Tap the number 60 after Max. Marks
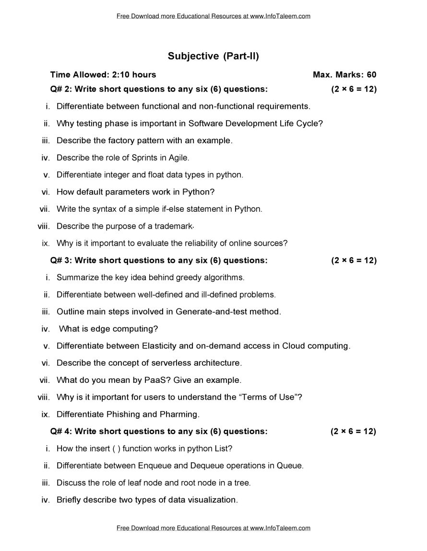[x=371, y=75]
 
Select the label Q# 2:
[x=61, y=89]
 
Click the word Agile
[x=178, y=158]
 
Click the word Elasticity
[x=161, y=346]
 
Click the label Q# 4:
[x=61, y=432]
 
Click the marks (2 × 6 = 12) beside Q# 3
[x=354, y=261]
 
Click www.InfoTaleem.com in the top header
[x=280, y=16]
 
